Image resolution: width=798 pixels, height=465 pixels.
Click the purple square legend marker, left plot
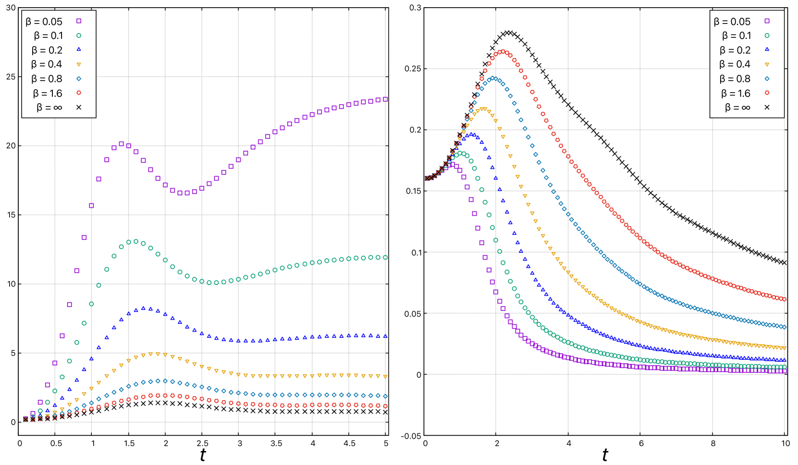pyautogui.click(x=79, y=21)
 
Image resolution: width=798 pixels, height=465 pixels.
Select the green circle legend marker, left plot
pyautogui.click(x=79, y=36)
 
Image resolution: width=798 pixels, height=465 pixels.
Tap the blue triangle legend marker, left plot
pyautogui.click(x=79, y=49)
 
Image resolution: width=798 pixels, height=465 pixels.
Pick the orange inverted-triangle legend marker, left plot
pyautogui.click(x=79, y=64)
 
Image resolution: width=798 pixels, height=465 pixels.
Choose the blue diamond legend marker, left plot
pyautogui.click(x=79, y=79)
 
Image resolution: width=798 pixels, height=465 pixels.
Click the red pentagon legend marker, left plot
pyautogui.click(x=79, y=93)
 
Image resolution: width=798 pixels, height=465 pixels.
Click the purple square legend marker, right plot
pyautogui.click(x=767, y=21)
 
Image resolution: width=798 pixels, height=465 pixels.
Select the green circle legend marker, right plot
pyautogui.click(x=767, y=36)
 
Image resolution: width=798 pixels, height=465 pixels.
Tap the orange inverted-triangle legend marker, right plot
pyautogui.click(x=767, y=64)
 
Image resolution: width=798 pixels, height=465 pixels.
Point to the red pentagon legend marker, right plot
pyautogui.click(x=767, y=93)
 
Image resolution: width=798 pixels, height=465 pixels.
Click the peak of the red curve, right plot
pyautogui.click(x=503, y=52)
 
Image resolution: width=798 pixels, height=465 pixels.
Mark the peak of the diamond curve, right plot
pyautogui.click(x=493, y=78)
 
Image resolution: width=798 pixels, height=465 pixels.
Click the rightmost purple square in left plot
pyautogui.click(x=385, y=99)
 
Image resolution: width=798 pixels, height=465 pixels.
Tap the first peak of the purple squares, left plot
pyautogui.click(x=121, y=143)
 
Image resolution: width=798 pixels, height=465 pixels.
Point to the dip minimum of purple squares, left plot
pyautogui.click(x=183, y=193)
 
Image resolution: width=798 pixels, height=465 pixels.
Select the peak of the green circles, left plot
pyautogui.click(x=135, y=241)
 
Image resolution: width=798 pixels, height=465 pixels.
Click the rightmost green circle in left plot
pyautogui.click(x=385, y=258)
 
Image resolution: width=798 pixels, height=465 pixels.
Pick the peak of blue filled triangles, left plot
pyautogui.click(x=143, y=308)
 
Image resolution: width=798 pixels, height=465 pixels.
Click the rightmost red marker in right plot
pyautogui.click(x=784, y=299)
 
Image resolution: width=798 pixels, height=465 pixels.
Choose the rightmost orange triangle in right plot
pyautogui.click(x=784, y=348)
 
